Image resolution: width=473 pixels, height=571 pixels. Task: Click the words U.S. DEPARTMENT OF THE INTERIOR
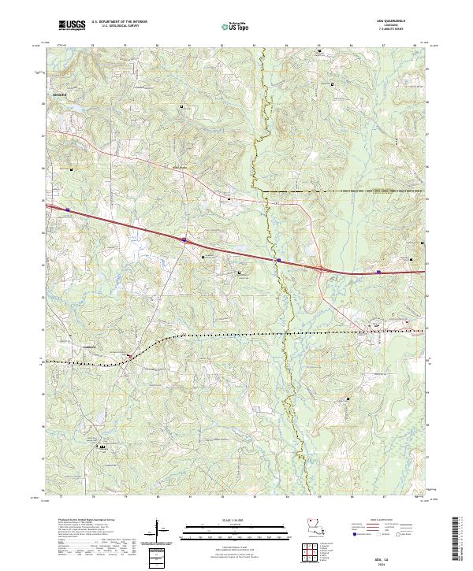(x=119, y=21)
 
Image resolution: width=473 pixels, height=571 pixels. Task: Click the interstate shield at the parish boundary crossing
(x=277, y=259)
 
